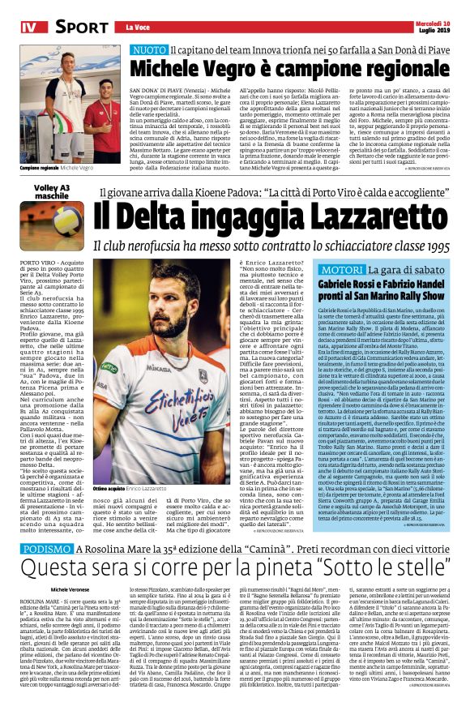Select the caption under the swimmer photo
(57, 168)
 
